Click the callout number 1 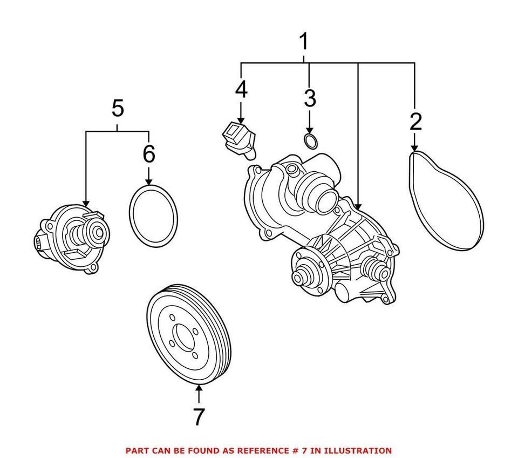coord(304,41)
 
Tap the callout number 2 coord(415,122)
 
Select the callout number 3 coord(310,98)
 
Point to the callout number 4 coord(241,89)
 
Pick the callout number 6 coord(149,154)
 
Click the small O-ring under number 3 coord(311,141)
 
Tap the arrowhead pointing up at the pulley coord(199,388)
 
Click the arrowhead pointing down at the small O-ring coord(310,130)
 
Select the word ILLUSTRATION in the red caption coord(357,450)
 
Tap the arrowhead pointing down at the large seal coord(149,181)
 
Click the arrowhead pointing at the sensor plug coord(241,120)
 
